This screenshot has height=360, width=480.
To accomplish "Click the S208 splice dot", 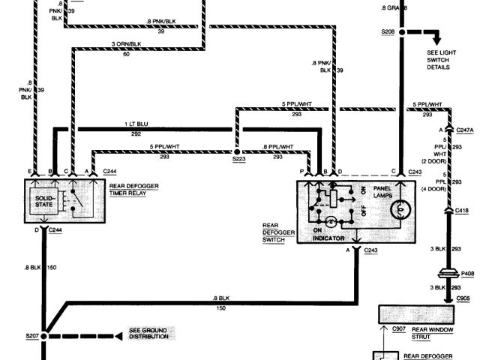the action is click(x=402, y=32).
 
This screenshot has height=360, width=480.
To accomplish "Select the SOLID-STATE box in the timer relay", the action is click(x=43, y=201).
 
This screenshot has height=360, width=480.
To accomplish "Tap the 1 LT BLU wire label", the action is click(x=136, y=124).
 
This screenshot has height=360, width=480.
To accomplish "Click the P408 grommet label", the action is click(x=467, y=274).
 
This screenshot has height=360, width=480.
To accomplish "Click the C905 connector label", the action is click(x=464, y=298).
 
